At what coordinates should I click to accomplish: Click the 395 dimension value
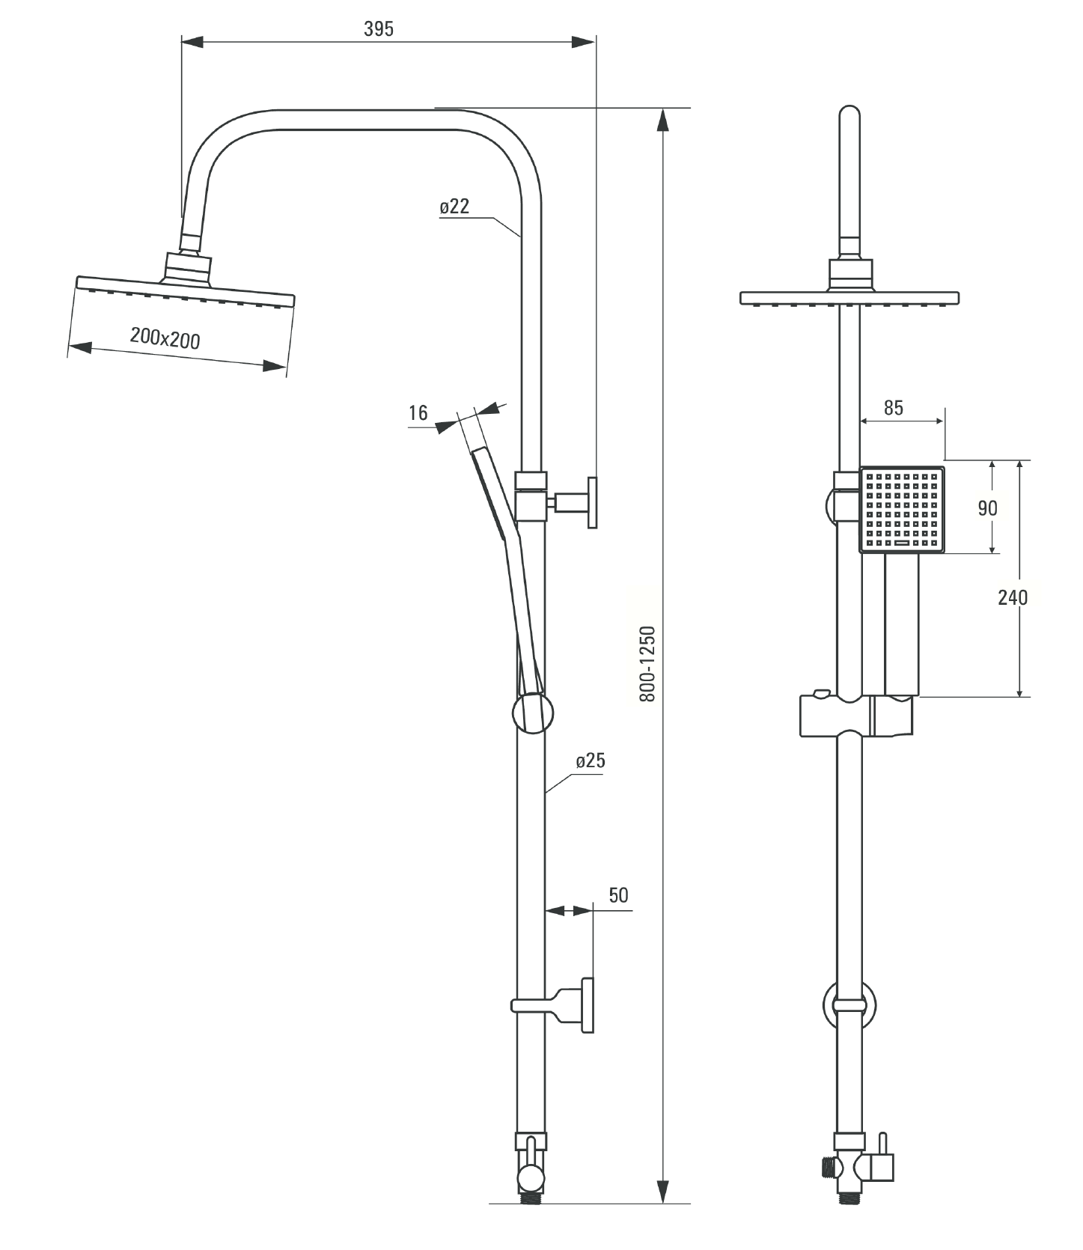[x=378, y=29]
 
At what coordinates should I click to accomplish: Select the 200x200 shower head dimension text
[x=165, y=338]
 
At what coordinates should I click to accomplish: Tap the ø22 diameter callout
[x=454, y=207]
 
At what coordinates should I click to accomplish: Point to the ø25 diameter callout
[x=591, y=761]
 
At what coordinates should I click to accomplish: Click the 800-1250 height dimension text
[x=647, y=664]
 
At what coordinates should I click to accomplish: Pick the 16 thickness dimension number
[x=418, y=412]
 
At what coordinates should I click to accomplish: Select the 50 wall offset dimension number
[x=618, y=895]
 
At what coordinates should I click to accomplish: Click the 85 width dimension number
[x=894, y=408]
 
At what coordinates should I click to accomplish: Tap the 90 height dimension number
[x=988, y=508]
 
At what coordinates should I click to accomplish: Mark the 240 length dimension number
[x=1013, y=597]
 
